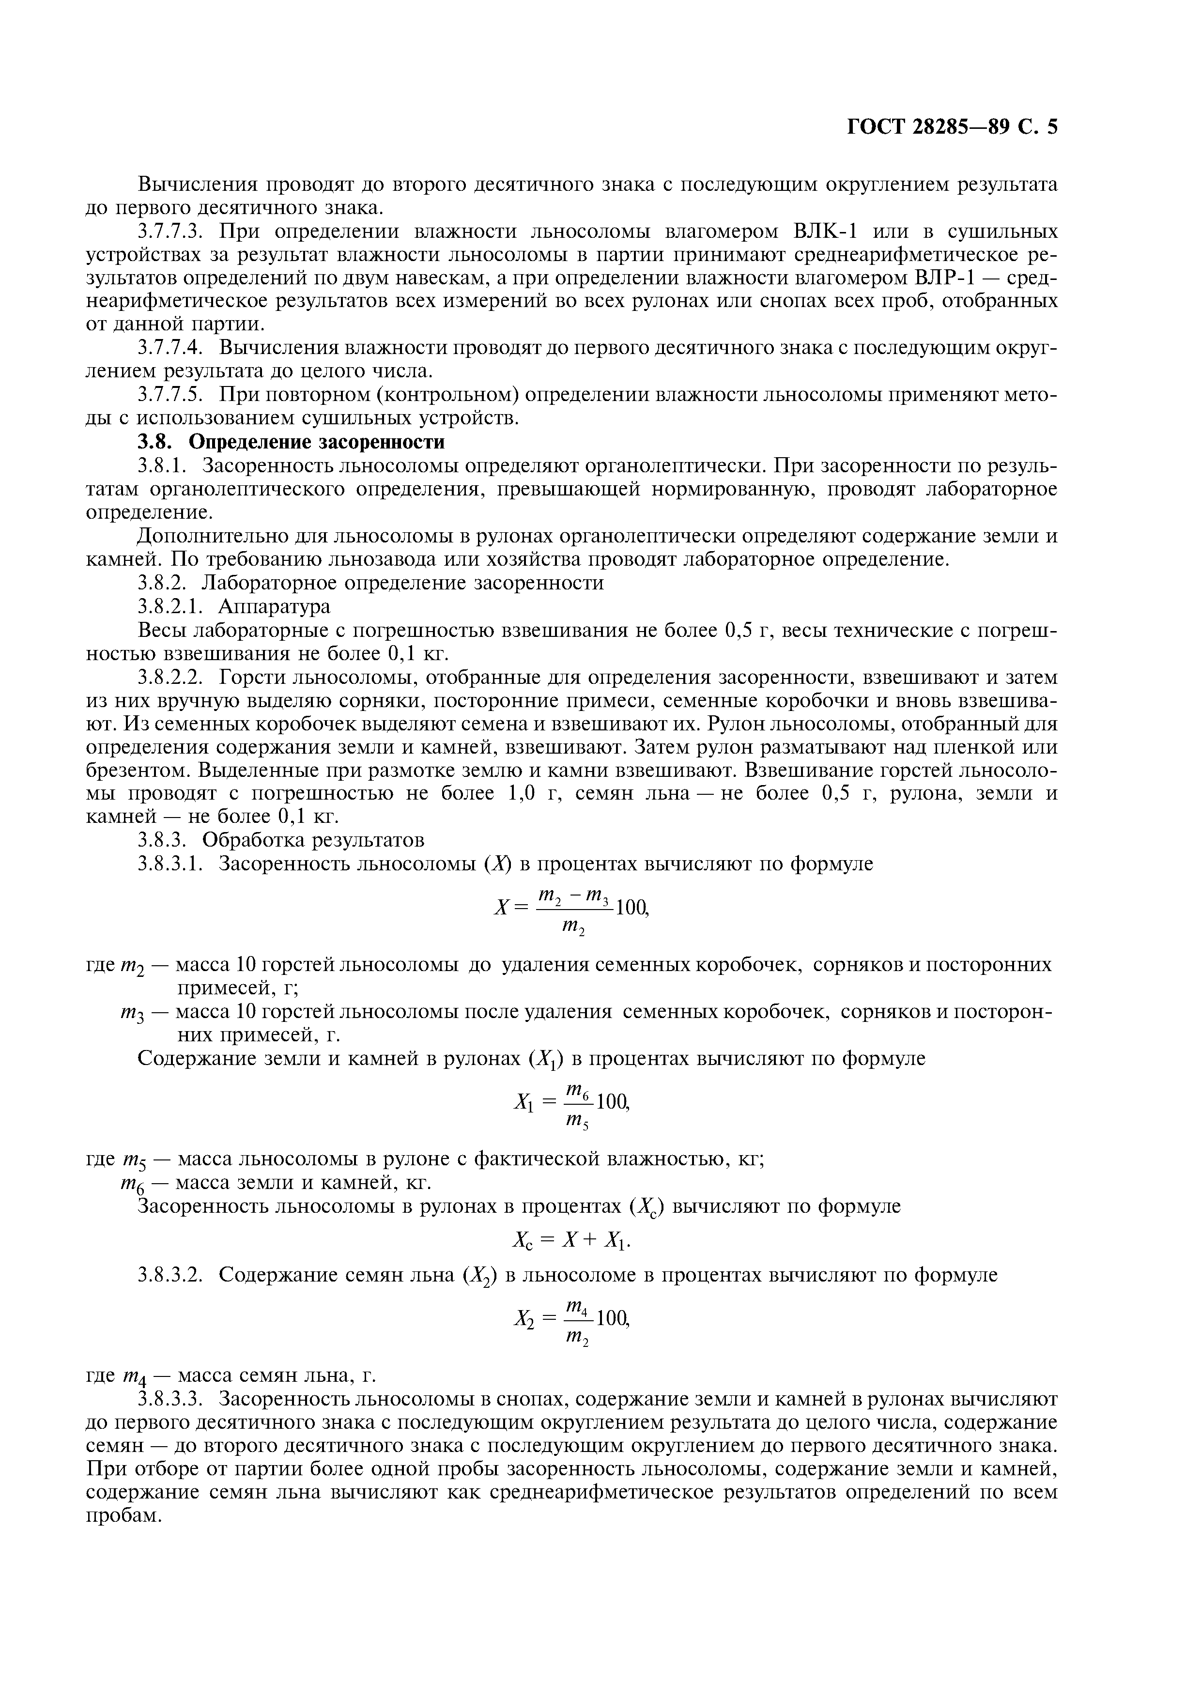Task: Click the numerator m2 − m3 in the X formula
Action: (573, 897)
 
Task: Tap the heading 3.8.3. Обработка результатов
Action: (281, 840)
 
